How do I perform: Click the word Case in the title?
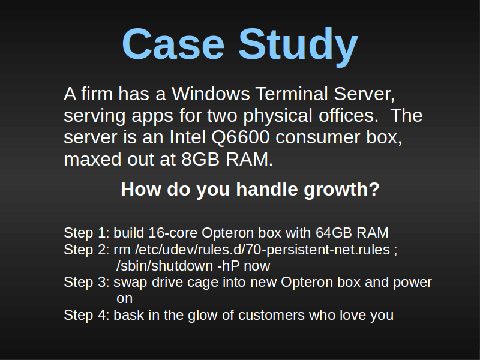click(173, 44)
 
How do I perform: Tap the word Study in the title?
click(298, 47)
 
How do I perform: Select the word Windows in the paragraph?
click(211, 94)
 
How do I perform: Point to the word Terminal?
click(292, 94)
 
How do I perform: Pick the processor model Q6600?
click(241, 137)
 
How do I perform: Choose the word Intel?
click(187, 137)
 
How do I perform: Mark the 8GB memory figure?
click(200, 159)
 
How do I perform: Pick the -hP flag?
click(229, 266)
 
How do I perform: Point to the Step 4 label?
click(86, 315)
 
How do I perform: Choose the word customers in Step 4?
click(271, 316)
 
